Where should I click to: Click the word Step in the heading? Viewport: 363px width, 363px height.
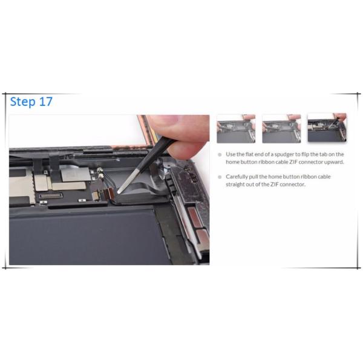point(23,102)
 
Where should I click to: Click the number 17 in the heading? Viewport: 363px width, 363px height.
point(45,102)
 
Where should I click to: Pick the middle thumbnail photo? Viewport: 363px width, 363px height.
point(281,128)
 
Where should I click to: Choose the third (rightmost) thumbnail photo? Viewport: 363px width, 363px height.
point(327,128)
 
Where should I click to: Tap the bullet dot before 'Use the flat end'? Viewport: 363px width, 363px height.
point(220,154)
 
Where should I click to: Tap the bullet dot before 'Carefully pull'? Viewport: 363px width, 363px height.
point(220,177)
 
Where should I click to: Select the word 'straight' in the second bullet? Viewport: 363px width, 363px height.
point(237,185)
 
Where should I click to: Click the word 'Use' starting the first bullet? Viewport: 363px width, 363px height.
point(231,154)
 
